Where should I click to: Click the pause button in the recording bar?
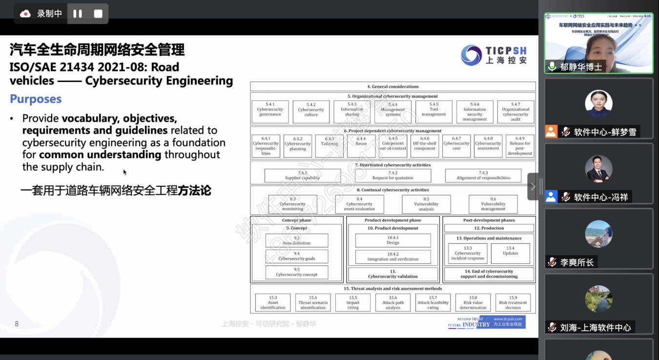(78, 14)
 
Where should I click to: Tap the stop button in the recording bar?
(98, 14)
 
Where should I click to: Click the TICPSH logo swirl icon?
(471, 55)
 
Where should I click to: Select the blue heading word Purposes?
(36, 99)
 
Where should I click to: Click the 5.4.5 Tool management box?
(433, 112)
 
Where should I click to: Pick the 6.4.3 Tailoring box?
(329, 146)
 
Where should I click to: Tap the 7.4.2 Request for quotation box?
(393, 176)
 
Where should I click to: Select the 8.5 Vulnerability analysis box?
(426, 204)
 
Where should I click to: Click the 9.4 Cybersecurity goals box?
(297, 256)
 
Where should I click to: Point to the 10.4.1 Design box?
(393, 240)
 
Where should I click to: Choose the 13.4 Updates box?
(510, 253)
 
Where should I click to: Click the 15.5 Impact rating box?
(353, 302)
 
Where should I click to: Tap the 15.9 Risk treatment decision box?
(513, 302)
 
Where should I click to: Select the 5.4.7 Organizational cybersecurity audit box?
(515, 112)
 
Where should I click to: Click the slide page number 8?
(17, 324)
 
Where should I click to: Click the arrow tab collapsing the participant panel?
(534, 186)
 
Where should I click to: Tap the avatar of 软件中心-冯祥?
(598, 169)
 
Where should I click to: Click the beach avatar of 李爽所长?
(598, 234)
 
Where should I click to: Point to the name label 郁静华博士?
(581, 67)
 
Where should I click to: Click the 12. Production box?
(489, 228)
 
